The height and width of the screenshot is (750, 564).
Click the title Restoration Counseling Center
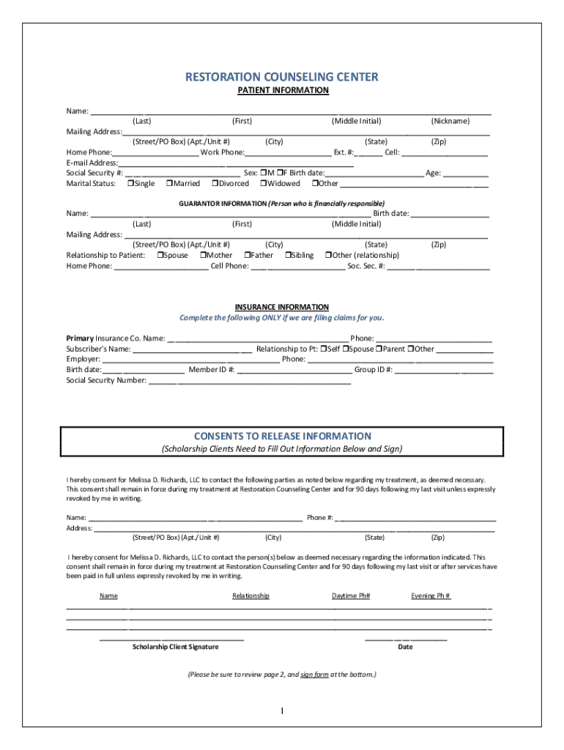282,77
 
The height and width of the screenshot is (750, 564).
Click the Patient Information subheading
282,90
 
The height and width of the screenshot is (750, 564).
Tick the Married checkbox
170,184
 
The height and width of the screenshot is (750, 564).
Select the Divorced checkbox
215,184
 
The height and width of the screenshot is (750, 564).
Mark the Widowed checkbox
263,184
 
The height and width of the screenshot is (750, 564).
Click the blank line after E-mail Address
234,163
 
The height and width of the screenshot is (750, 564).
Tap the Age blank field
465,174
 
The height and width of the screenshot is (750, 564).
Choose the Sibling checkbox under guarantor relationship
288,256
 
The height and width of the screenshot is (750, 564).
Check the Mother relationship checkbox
203,256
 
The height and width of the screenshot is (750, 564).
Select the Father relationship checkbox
247,256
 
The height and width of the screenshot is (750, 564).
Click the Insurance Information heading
282,307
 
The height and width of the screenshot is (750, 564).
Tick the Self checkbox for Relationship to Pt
324,349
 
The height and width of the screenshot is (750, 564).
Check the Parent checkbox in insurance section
380,349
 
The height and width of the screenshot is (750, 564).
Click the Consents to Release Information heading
282,436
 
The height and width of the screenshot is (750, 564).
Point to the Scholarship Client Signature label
175,647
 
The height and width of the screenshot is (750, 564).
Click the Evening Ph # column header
431,595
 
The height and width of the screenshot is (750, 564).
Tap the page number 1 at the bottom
282,711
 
